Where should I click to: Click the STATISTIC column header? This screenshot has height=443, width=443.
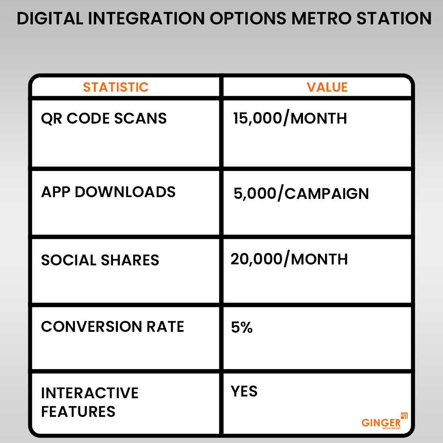pyautogui.click(x=116, y=87)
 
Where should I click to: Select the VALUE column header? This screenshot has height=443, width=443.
pyautogui.click(x=327, y=87)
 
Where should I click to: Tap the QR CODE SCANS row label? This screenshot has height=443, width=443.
pyautogui.click(x=104, y=118)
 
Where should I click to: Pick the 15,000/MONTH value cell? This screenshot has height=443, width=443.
pyautogui.click(x=290, y=118)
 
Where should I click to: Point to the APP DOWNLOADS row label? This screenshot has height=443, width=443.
pyautogui.click(x=108, y=192)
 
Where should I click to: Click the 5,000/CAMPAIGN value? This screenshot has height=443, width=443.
pyautogui.click(x=301, y=193)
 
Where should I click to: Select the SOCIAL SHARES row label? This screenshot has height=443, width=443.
pyautogui.click(x=100, y=260)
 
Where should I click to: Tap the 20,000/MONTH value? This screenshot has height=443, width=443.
pyautogui.click(x=289, y=259)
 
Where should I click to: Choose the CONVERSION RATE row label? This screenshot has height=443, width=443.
pyautogui.click(x=113, y=326)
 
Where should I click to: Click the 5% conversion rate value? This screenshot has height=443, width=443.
pyautogui.click(x=242, y=327)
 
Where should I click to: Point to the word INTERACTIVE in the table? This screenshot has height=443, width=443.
pyautogui.click(x=90, y=393)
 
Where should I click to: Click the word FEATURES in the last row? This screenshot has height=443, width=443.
pyautogui.click(x=78, y=412)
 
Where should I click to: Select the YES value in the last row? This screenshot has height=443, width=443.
pyautogui.click(x=244, y=391)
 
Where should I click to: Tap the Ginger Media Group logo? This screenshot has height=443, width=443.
pyautogui.click(x=385, y=421)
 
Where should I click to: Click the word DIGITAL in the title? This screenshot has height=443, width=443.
pyautogui.click(x=50, y=19)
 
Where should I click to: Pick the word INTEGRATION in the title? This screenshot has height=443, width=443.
pyautogui.click(x=146, y=19)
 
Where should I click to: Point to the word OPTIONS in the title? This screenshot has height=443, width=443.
pyautogui.click(x=248, y=19)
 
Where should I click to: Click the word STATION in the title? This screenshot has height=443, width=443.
pyautogui.click(x=394, y=19)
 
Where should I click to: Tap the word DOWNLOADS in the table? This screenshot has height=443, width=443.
pyautogui.click(x=125, y=192)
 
